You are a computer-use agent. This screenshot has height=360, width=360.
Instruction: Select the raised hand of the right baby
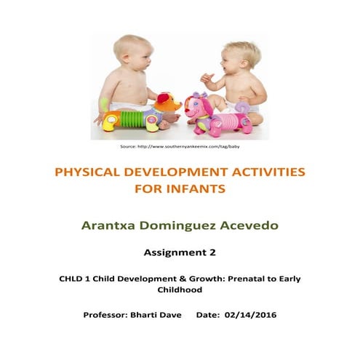207,77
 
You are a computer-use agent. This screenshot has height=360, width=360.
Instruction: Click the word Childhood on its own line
180,289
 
